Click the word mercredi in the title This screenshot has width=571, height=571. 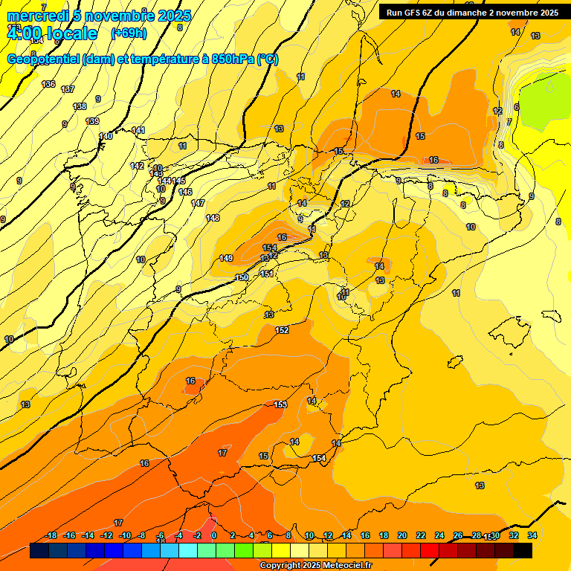pyautogui.click(x=38, y=16)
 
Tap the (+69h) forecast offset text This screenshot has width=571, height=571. pyautogui.click(x=129, y=33)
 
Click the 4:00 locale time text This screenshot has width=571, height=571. pyautogui.click(x=52, y=33)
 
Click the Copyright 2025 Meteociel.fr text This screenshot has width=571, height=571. pyautogui.click(x=315, y=566)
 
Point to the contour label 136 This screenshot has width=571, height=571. pyautogui.click(x=48, y=84)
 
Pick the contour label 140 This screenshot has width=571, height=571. pyautogui.click(x=106, y=136)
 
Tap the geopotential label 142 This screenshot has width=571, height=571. pyautogui.click(x=137, y=166)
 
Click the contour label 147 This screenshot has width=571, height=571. pyautogui.click(x=198, y=203)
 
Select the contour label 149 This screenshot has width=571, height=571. pyautogui.click(x=227, y=258)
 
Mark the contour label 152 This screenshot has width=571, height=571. pyautogui.click(x=282, y=330)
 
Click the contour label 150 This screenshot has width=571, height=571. pyautogui.click(x=242, y=277)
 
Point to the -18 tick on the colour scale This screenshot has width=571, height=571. pyautogui.click(x=51, y=535)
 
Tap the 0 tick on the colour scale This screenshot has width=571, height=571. pyautogui.click(x=214, y=535)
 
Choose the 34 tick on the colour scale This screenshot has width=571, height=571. pyautogui.click(x=532, y=535)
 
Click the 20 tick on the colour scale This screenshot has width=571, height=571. pyautogui.click(x=402, y=535)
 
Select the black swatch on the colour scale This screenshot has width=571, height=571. pyautogui.click(x=523, y=551)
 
